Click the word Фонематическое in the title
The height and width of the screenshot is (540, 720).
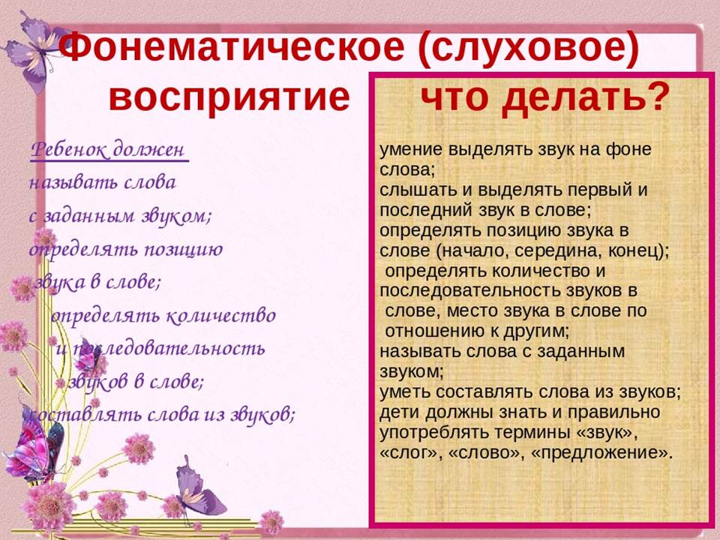click(x=232, y=47)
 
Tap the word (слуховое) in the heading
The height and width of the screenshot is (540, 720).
click(x=529, y=49)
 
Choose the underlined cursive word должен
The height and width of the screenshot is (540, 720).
click(x=148, y=149)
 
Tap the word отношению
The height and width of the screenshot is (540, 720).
click(x=436, y=331)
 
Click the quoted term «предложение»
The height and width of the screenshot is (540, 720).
click(x=601, y=453)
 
